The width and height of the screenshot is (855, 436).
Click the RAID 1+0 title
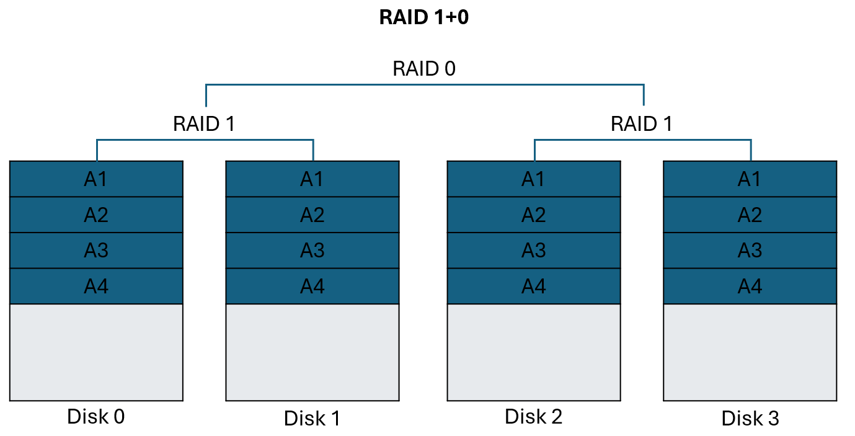(x=424, y=18)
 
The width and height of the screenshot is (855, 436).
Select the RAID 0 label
(x=424, y=69)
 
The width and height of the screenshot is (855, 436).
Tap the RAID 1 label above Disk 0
(x=204, y=124)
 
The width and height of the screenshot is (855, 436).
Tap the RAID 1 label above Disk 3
(x=642, y=124)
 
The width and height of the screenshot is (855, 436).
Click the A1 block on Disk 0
(x=96, y=179)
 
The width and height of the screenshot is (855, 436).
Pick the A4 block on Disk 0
(x=96, y=287)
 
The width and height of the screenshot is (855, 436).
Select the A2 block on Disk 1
(x=312, y=215)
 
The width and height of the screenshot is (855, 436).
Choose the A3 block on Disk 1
(x=312, y=251)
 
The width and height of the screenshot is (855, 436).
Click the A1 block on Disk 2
(x=533, y=179)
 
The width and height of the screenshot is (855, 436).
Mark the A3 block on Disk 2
(x=533, y=251)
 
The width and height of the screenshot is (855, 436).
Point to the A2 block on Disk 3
(x=750, y=215)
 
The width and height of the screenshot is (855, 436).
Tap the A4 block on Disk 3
(x=750, y=287)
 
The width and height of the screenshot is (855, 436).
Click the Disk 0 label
(x=96, y=417)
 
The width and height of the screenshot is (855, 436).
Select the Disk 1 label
(x=312, y=419)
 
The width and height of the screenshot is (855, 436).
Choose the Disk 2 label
(x=533, y=417)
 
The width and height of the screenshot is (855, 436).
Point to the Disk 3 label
(x=750, y=419)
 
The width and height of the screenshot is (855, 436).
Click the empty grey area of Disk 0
(x=96, y=352)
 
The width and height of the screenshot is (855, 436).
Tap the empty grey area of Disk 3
(x=750, y=352)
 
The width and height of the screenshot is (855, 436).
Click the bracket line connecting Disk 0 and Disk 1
(x=205, y=141)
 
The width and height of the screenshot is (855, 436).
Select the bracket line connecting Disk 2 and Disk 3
(x=642, y=141)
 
